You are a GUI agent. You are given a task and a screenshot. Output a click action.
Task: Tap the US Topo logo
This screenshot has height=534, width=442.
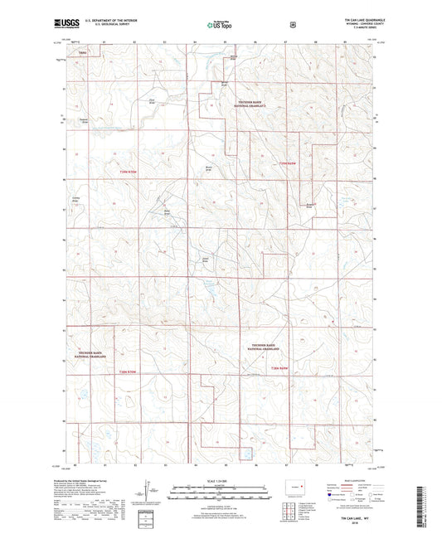point(220,26)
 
